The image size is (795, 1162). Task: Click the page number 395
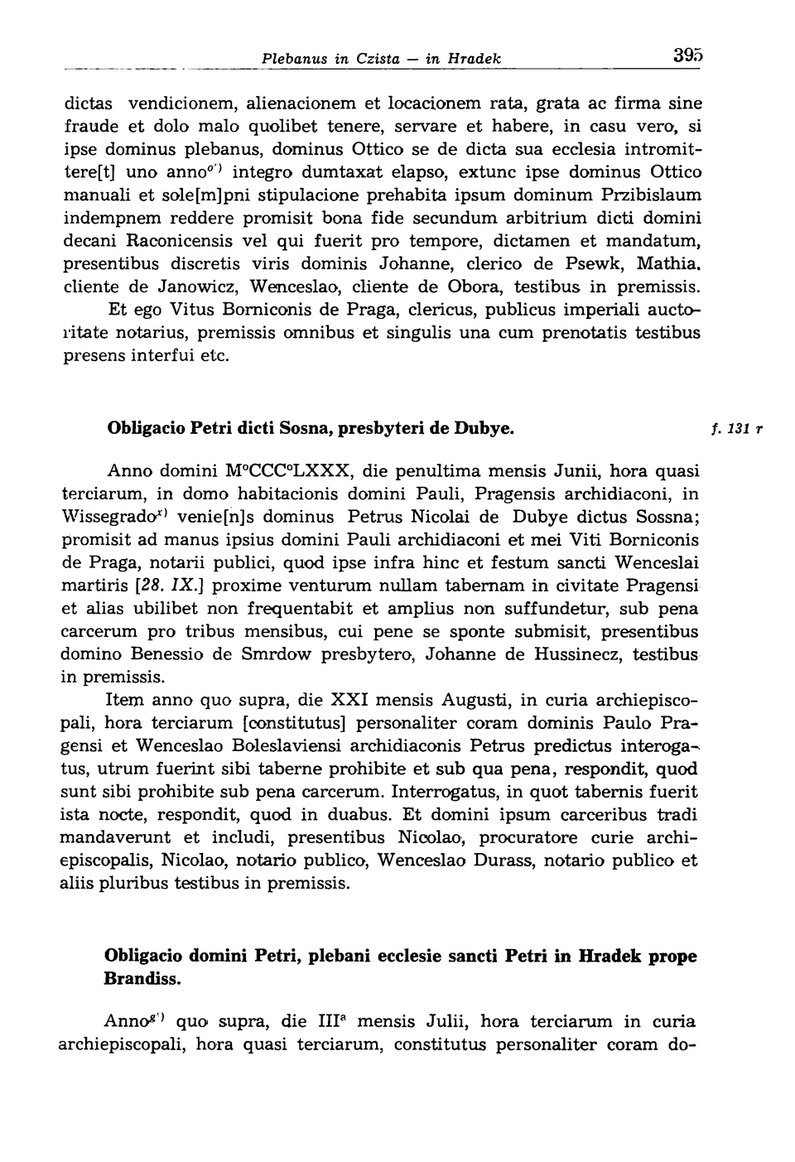687,57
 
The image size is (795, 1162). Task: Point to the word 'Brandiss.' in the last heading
142,978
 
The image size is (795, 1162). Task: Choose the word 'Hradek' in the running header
475,60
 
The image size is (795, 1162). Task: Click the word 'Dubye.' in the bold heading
484,429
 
